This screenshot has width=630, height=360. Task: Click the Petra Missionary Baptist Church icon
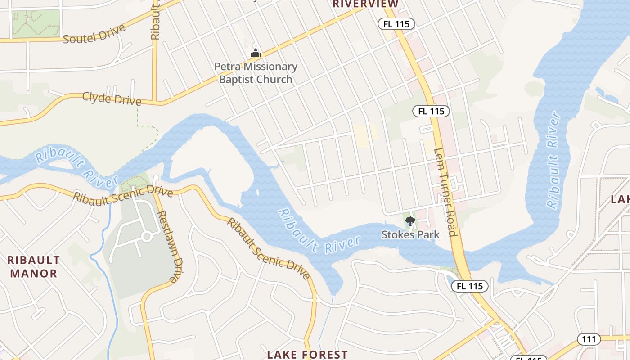coord(256,54)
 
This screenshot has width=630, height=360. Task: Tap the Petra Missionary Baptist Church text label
coord(256,73)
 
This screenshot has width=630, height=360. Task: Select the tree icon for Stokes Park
coord(410,221)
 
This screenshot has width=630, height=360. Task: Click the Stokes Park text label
coord(410,234)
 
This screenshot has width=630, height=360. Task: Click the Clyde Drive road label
coord(112,99)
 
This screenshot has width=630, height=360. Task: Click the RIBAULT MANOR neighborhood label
coord(34,266)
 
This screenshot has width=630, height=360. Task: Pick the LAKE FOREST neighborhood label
coord(307,355)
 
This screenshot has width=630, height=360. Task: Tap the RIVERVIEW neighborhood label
coord(365,4)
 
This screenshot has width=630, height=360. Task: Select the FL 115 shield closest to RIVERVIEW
coord(396,24)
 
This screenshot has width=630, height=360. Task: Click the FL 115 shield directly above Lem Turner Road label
coord(431,111)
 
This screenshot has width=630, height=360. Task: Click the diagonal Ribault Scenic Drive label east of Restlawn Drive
coord(268,248)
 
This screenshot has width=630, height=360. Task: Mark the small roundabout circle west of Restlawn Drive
coord(146,236)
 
